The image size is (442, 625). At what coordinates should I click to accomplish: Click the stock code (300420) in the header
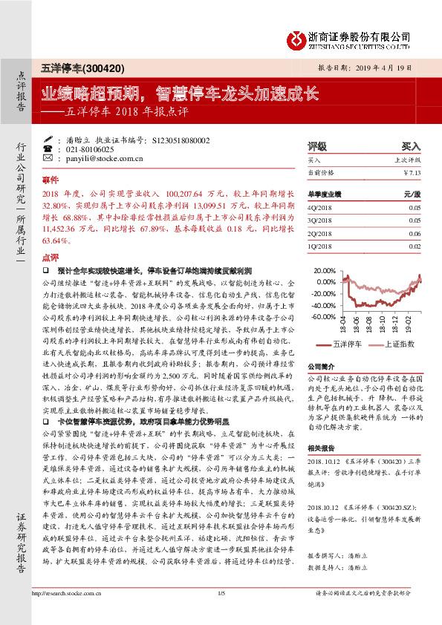97,68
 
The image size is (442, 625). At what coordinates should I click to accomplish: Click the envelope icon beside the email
48,159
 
